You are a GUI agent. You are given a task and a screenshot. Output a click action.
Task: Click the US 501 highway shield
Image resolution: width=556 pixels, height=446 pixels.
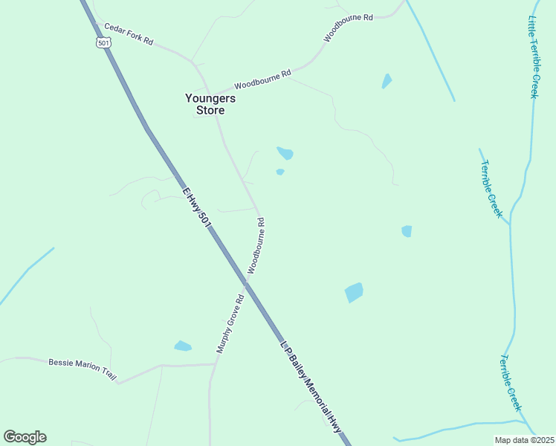[x=103, y=42]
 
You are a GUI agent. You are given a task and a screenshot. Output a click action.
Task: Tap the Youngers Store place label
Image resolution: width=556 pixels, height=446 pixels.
[x=210, y=104]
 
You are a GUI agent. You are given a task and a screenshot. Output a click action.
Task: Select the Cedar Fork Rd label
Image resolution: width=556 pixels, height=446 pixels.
[x=129, y=35]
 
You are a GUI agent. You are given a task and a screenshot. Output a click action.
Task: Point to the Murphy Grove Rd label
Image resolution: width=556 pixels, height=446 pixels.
[x=230, y=324]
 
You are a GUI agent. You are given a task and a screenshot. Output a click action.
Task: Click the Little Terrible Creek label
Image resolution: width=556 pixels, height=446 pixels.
[x=533, y=56]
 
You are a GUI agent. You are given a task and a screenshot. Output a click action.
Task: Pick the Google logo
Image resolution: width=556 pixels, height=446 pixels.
[x=25, y=437]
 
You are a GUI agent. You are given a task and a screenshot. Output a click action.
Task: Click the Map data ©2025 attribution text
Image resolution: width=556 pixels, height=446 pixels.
[x=524, y=440]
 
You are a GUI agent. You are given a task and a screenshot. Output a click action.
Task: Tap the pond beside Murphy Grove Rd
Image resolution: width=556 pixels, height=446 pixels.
[x=182, y=346]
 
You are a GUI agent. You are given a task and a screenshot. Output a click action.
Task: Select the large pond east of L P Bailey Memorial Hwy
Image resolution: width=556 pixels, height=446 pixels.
[x=355, y=292]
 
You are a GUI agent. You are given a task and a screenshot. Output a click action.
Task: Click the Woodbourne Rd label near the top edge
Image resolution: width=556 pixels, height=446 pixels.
[x=348, y=27]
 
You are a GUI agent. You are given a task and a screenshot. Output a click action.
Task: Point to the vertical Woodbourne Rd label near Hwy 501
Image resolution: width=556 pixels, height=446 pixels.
[x=256, y=245]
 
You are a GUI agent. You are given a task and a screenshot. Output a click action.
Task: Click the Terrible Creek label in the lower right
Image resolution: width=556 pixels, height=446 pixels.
[x=511, y=383]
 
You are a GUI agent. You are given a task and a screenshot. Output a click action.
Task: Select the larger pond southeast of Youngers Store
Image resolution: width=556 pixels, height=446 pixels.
[x=285, y=153]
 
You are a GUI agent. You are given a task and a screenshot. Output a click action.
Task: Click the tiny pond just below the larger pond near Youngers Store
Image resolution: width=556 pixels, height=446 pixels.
[x=280, y=172]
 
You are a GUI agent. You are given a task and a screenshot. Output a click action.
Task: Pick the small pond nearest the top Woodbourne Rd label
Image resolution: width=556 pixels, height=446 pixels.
[x=387, y=80]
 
